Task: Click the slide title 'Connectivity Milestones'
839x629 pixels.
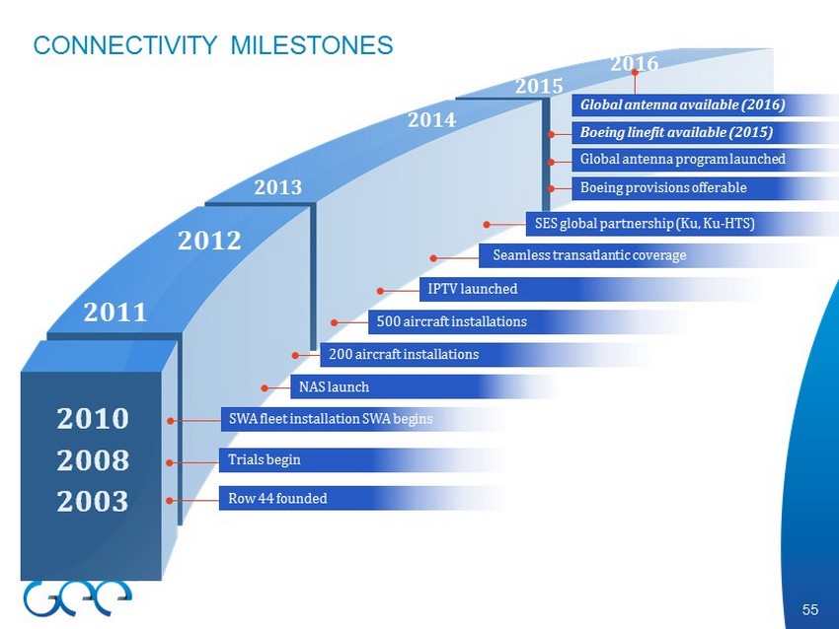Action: [x=213, y=45]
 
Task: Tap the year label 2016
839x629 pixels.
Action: [x=634, y=64]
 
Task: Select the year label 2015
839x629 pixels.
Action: [x=539, y=86]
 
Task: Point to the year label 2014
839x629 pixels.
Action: [x=431, y=119]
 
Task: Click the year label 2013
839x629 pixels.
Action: [x=277, y=187]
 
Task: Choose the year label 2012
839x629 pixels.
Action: [x=209, y=241]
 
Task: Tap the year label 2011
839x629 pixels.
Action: [x=115, y=313]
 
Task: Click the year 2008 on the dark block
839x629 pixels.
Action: [x=93, y=460]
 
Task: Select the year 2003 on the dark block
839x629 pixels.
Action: [x=93, y=501]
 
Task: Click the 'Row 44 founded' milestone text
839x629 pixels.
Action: [x=277, y=499]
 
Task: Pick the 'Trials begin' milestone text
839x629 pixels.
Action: [x=265, y=460]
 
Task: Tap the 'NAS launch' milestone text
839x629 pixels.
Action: [x=334, y=386]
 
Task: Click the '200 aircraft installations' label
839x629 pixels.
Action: [x=404, y=354]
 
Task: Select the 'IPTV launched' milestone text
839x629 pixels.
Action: [x=473, y=289]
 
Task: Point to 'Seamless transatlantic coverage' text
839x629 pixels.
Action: [x=589, y=255]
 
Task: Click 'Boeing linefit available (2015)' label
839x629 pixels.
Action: [x=676, y=132]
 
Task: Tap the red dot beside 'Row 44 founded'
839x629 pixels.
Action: [x=170, y=501]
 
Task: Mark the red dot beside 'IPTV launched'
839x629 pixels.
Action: [x=380, y=291]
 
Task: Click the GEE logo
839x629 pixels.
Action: [x=78, y=598]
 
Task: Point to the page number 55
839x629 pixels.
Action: [x=810, y=609]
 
